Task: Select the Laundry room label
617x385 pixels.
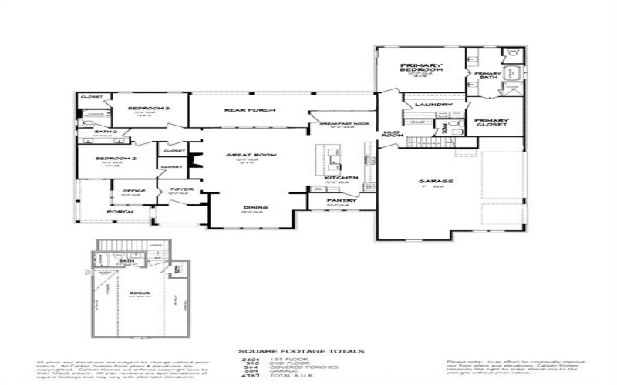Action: (x=432, y=105)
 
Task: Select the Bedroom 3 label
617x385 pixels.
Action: (x=148, y=109)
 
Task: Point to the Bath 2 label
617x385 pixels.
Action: (x=106, y=132)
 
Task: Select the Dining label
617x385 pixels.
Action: (x=249, y=207)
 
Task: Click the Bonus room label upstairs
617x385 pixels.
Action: (x=140, y=293)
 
